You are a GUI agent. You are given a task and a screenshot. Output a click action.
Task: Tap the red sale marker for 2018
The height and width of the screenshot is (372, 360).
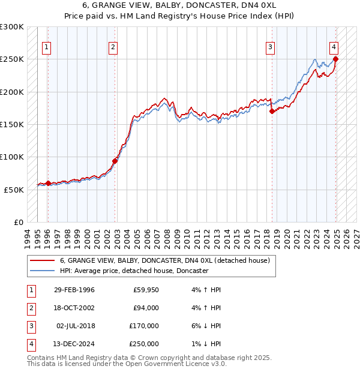point(272,111)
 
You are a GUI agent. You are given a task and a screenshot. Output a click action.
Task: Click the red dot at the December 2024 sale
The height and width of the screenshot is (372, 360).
point(335,59)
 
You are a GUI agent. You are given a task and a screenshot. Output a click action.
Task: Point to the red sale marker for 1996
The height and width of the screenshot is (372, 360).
point(48,183)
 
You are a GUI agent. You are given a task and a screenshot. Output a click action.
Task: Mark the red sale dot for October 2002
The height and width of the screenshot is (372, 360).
point(115,161)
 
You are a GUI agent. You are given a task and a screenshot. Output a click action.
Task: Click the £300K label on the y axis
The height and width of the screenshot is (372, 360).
point(12,27)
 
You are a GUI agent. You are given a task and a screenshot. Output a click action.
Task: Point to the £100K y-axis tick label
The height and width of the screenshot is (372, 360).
point(12,157)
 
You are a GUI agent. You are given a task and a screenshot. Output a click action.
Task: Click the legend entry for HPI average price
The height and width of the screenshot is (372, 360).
point(134,271)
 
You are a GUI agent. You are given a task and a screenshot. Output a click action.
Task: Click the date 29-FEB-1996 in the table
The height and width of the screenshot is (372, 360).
point(74,290)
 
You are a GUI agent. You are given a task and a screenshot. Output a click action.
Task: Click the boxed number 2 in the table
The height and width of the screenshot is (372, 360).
point(30,308)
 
